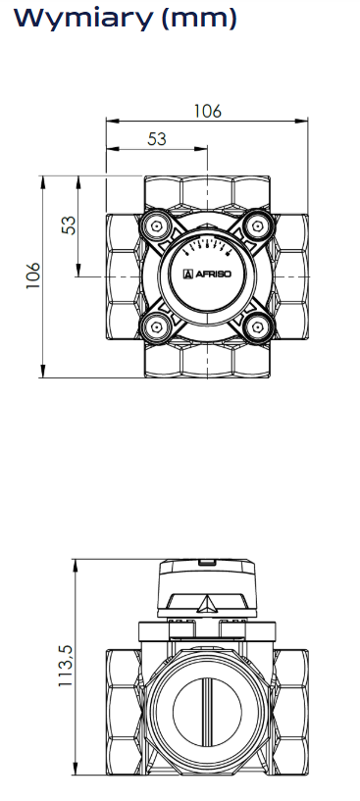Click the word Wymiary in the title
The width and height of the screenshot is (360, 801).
pos(82,19)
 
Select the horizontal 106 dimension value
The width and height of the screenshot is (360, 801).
pos(208,111)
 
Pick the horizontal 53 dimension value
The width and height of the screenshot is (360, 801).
pos(157,139)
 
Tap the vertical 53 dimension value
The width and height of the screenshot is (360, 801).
pos(69,225)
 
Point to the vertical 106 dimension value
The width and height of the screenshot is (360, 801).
pos(33,275)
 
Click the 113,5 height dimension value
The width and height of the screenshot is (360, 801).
pos(66,665)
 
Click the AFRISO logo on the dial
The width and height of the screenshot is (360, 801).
pos(207,275)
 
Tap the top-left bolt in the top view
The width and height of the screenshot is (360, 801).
pos(157,225)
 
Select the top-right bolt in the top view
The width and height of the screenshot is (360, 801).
pos(258,225)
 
